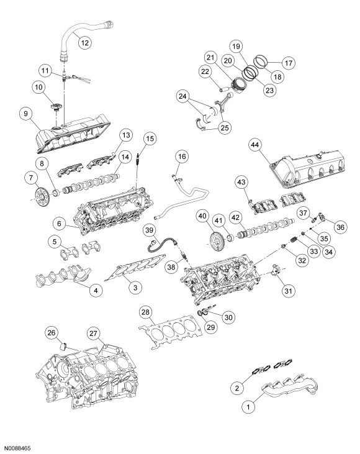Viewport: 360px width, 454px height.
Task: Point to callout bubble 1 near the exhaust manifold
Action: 248,407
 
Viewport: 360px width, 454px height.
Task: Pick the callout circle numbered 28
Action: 145,311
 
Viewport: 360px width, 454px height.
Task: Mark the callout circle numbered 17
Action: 271,62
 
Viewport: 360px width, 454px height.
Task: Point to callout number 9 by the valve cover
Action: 25,114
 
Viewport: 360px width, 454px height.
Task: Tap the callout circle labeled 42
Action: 253,217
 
